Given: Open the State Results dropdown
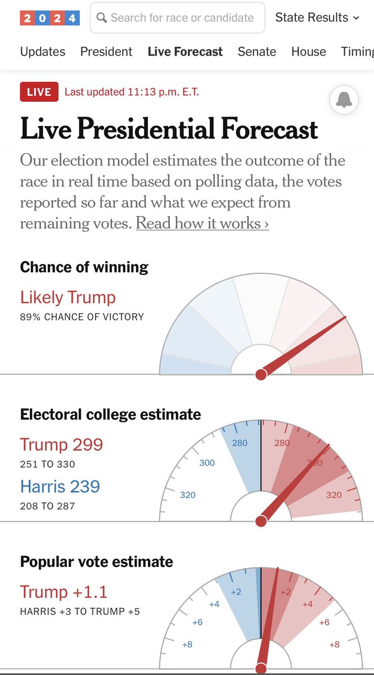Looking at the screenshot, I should click(317, 18).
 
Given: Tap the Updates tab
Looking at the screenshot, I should click(43, 52).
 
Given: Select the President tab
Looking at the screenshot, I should click(106, 52).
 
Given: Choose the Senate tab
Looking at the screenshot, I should click(257, 52).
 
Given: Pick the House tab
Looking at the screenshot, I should click(309, 52).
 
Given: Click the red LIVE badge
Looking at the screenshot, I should click(39, 92).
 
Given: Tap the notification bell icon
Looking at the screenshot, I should click(344, 100).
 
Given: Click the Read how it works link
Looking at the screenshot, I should click(202, 223).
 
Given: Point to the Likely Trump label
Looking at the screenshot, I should click(67, 297).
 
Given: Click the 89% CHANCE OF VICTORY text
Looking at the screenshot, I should click(82, 317).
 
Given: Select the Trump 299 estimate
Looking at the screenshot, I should click(61, 444).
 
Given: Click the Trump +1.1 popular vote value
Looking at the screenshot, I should click(64, 592).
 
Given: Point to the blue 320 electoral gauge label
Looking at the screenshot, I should click(188, 495).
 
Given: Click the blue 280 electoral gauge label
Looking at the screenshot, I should click(240, 443).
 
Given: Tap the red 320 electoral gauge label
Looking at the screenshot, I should click(334, 495).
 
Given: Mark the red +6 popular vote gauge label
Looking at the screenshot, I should click(324, 623).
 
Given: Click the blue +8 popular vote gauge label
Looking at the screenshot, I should click(187, 644).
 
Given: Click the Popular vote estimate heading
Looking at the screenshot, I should click(97, 561).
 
